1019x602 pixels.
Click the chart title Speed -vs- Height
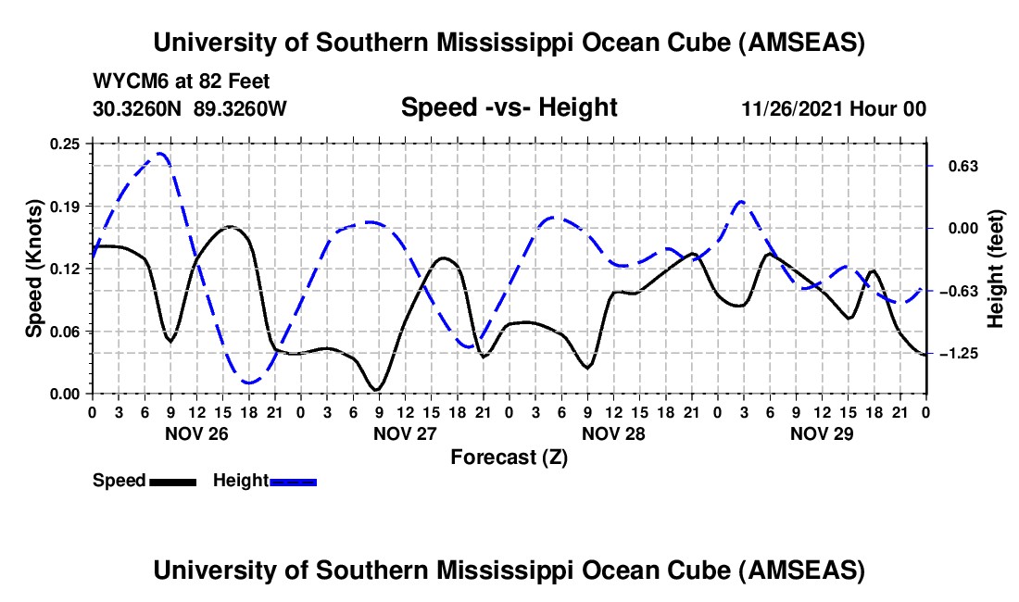coord(509,107)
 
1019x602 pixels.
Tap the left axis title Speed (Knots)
coord(34,269)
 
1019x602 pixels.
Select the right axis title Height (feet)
coord(996,269)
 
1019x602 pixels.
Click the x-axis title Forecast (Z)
coord(509,457)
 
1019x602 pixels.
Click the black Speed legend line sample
coord(171,482)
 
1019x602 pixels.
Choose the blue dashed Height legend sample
coord(293,482)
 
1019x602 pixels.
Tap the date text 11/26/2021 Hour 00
coord(834,108)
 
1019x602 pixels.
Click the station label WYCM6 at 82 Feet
coord(182,82)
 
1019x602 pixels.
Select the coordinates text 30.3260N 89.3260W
coord(190,108)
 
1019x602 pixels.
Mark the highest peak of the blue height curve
coord(162,154)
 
